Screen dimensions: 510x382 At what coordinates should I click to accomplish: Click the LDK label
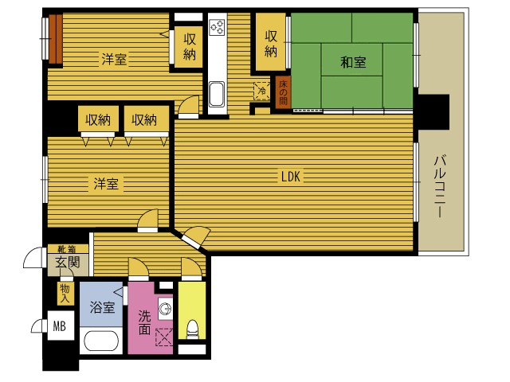(290, 177)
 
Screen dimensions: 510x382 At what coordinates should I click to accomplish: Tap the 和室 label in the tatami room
(353, 62)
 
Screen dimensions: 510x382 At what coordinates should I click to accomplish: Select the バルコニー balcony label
(439, 186)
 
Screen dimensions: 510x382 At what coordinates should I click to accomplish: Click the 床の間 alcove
(283, 92)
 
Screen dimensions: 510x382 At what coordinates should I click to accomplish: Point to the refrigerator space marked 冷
(262, 91)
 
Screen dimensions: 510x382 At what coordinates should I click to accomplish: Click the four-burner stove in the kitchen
(217, 27)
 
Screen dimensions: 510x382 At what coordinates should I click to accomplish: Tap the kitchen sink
(216, 94)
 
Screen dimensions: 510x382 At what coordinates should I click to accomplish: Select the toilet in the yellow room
(193, 329)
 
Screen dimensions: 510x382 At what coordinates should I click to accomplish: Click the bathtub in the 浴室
(101, 341)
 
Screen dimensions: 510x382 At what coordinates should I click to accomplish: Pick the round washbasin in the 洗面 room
(165, 308)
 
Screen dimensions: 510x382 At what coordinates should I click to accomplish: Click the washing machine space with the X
(164, 337)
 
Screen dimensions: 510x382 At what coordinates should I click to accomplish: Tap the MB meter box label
(60, 325)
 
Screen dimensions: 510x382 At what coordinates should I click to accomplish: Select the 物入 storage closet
(65, 294)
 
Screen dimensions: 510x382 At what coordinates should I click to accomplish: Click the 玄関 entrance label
(68, 262)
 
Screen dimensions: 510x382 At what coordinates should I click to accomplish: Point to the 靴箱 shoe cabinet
(68, 249)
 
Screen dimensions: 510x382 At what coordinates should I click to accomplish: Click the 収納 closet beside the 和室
(271, 42)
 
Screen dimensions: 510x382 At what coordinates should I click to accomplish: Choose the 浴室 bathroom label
(102, 307)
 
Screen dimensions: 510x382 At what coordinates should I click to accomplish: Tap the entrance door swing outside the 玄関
(33, 258)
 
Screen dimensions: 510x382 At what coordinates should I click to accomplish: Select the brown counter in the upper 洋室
(55, 39)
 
